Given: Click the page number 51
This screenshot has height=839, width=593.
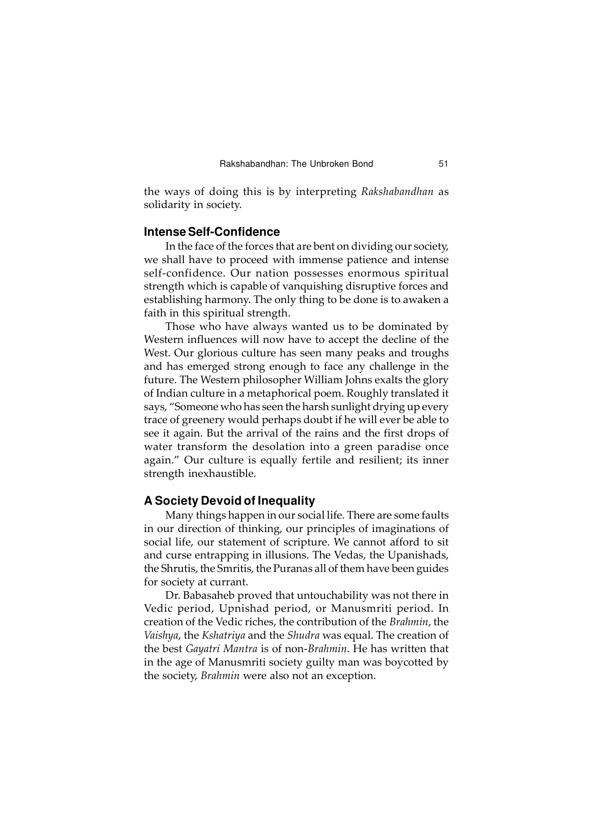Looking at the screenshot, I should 443,164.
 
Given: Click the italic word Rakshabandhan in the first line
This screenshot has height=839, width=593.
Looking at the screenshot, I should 397,192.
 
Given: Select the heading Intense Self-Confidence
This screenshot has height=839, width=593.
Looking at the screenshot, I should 212,232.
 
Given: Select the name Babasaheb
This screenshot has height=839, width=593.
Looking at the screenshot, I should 209,596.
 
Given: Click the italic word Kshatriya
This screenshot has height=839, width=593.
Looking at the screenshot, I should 223,636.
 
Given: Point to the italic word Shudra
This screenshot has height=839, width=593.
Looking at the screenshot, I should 303,636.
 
